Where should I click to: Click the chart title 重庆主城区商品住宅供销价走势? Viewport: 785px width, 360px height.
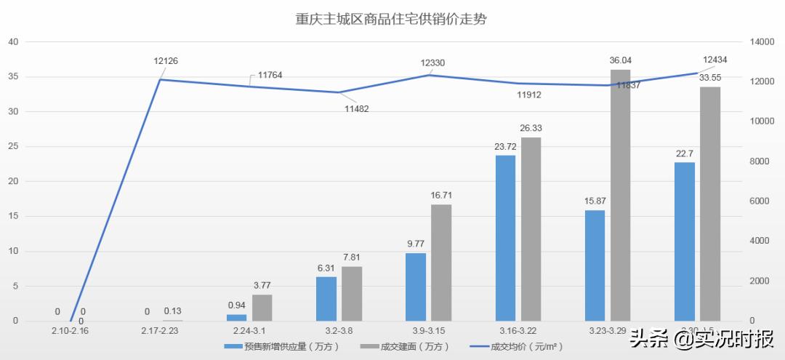392,19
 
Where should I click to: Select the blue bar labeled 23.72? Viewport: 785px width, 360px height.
505,238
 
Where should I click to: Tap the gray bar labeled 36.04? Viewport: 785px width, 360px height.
620,195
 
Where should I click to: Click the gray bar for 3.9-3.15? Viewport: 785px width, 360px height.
441,263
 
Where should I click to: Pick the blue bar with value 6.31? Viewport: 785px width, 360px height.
326,299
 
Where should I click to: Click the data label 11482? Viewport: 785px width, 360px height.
357,108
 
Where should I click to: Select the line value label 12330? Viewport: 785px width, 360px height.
432,63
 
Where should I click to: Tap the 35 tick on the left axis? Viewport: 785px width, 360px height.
12,76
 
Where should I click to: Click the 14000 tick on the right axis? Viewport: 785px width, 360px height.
763,42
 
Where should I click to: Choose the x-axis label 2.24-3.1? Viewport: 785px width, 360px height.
249,331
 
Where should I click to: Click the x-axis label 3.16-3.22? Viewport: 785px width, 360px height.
518,331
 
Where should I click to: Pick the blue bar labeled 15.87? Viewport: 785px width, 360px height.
595,265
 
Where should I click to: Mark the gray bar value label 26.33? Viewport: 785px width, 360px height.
531,128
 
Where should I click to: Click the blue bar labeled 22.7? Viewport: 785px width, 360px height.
685,241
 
